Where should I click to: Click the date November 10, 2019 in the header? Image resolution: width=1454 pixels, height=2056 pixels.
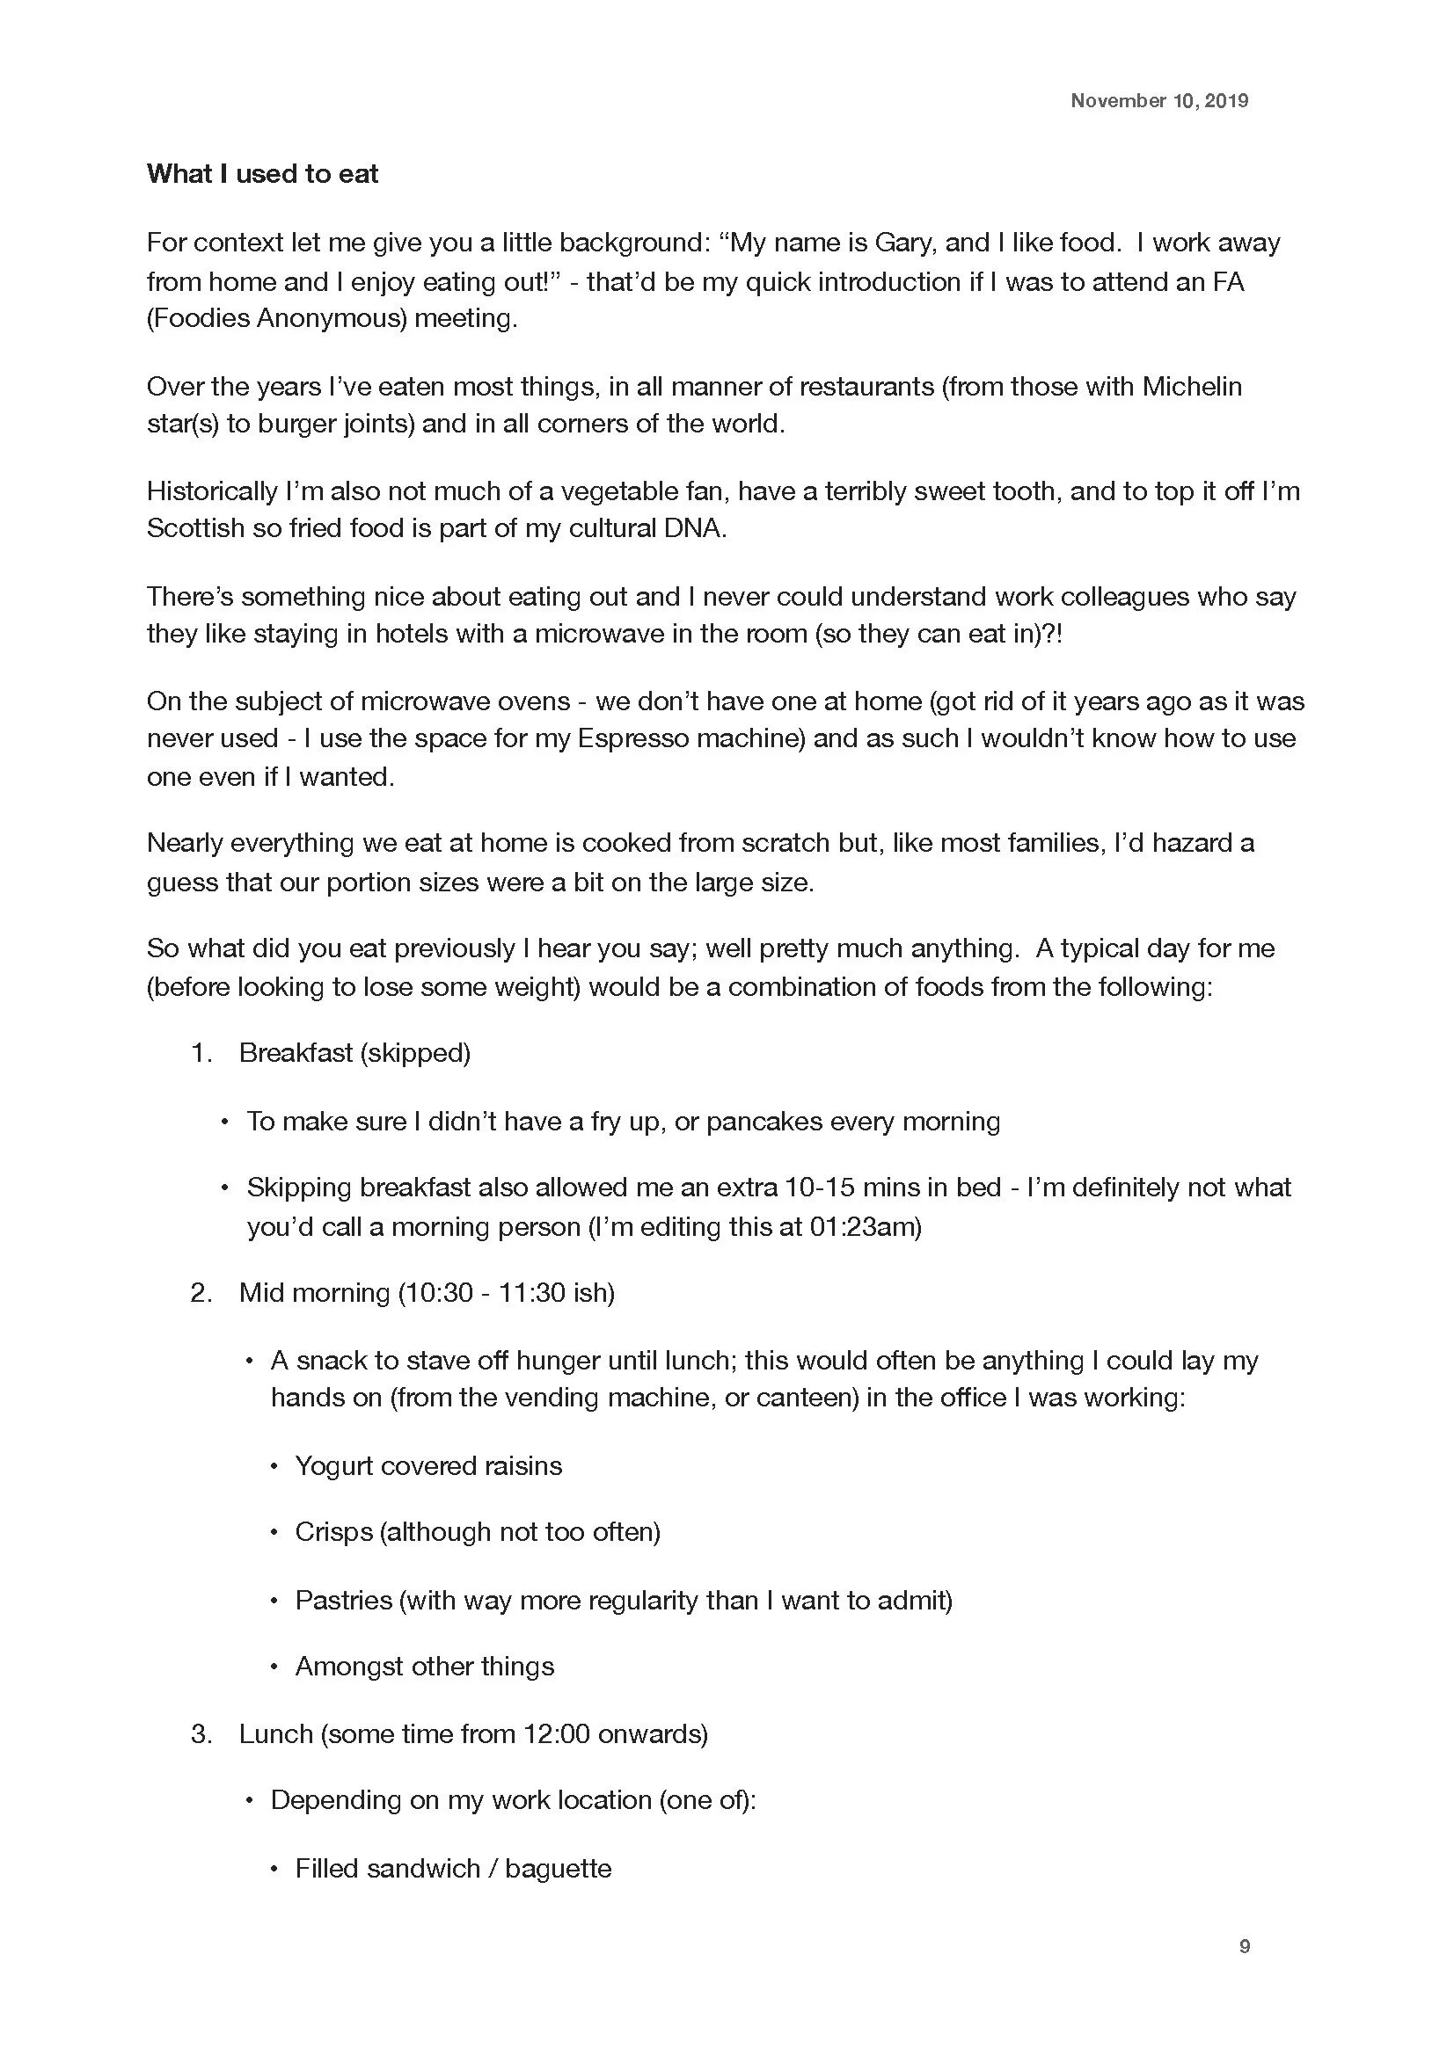1158,100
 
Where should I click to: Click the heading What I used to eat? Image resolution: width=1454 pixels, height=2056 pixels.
262,174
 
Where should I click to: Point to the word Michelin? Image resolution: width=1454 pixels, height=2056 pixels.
1192,386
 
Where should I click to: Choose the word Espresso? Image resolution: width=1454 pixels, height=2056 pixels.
635,737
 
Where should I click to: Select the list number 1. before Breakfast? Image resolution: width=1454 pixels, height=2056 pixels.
201,1053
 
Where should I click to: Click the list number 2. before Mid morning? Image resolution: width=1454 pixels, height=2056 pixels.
201,1293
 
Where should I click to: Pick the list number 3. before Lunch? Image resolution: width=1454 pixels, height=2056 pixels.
201,1733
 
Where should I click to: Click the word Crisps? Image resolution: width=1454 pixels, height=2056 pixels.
333,1532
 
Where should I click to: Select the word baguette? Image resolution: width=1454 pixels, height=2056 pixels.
559,1869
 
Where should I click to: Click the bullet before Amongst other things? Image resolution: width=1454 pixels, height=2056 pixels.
275,1667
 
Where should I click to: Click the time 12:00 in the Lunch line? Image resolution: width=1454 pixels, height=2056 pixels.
556,1733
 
